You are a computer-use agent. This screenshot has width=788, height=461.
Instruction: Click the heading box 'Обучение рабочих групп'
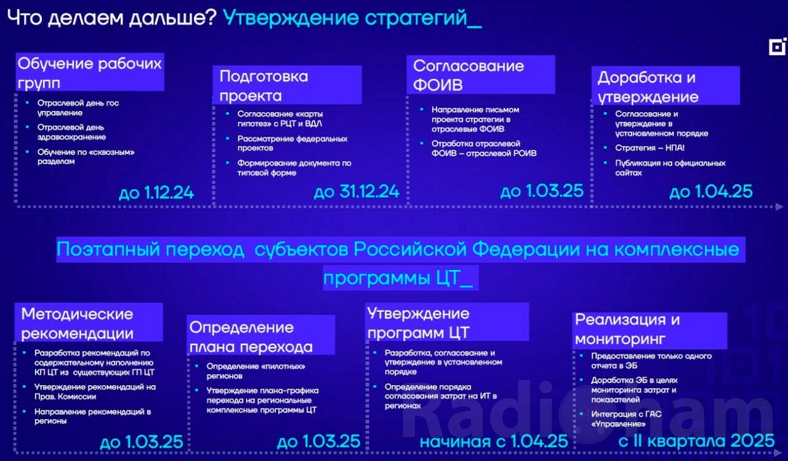click(x=90, y=72)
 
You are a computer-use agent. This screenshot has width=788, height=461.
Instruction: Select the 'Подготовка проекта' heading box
click(x=287, y=85)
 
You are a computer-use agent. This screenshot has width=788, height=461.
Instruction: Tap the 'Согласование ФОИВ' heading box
click(x=481, y=75)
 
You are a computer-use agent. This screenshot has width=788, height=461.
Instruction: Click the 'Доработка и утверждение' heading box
click(x=665, y=86)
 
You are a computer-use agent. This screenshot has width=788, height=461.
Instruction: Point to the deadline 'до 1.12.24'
click(x=156, y=193)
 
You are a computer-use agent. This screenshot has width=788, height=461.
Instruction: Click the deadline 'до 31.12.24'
click(x=356, y=192)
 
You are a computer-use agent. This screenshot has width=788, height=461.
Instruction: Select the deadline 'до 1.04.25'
click(x=711, y=192)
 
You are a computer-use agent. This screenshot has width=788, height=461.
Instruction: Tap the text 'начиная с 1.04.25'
click(x=494, y=441)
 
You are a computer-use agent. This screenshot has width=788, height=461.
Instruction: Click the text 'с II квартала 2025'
click(x=696, y=441)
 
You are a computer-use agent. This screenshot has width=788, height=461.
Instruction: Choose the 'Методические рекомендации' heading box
click(x=89, y=322)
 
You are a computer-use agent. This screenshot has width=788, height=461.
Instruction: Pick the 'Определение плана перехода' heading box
click(x=260, y=335)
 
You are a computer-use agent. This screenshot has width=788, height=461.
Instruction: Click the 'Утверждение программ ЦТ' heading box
click(x=447, y=322)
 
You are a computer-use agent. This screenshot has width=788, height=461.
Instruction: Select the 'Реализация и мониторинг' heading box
click(x=649, y=330)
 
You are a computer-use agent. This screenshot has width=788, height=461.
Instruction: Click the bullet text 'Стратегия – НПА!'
click(x=649, y=148)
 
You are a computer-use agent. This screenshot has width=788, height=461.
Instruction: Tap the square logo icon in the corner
click(x=777, y=47)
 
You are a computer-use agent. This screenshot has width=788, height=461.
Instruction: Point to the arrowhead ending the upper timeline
click(x=779, y=206)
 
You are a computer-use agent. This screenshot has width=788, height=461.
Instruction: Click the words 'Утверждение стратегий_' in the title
click(x=352, y=18)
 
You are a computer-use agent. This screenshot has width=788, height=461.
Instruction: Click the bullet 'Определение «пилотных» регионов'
click(x=255, y=371)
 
